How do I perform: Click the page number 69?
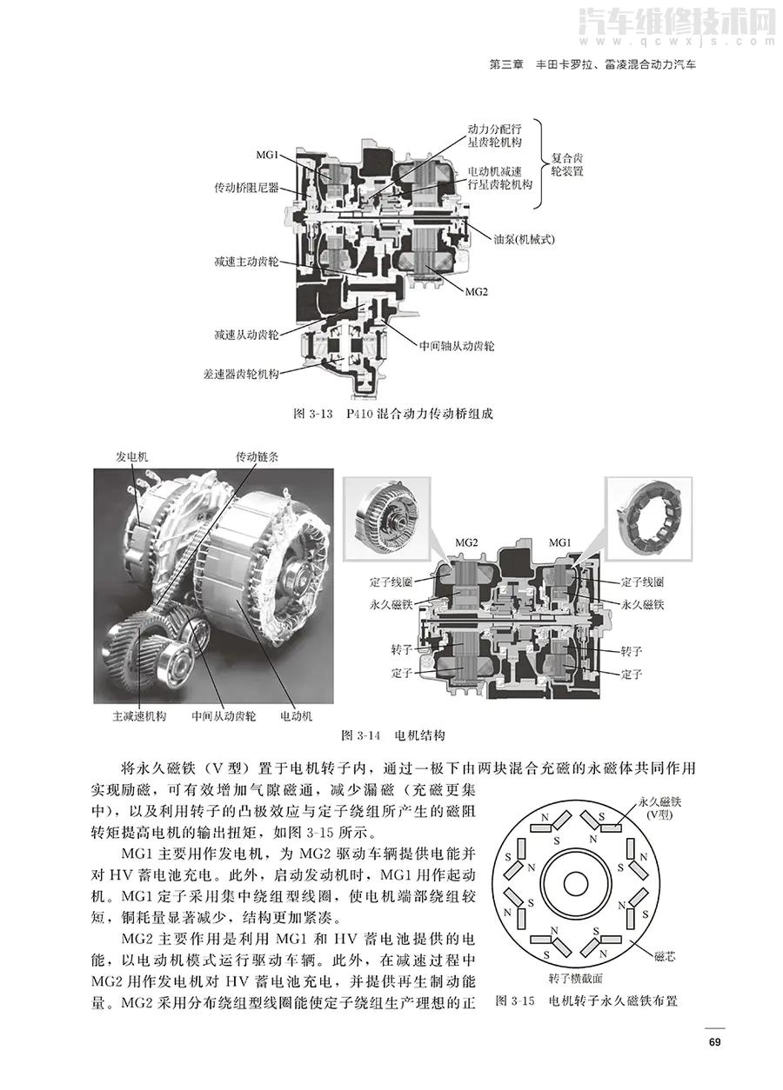click(713, 1043)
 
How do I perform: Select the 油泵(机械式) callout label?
click(514, 238)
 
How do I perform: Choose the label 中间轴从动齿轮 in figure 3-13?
click(457, 345)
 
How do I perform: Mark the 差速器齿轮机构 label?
click(239, 374)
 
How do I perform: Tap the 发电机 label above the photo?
click(132, 456)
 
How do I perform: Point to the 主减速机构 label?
click(139, 717)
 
